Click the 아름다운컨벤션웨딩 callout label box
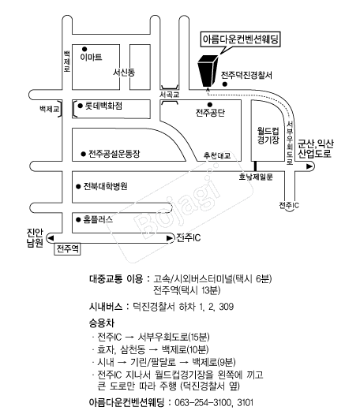pyautogui.click(x=240, y=39)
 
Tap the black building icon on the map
pyautogui.click(x=208, y=70)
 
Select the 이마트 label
pyautogui.click(x=91, y=57)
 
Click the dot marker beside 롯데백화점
pyautogui.click(x=81, y=106)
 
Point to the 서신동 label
pyautogui.click(x=124, y=72)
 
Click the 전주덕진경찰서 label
pyautogui.click(x=246, y=75)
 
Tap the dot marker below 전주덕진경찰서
pyautogui.click(x=225, y=84)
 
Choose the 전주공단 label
pyautogui.click(x=210, y=113)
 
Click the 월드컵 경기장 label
pyautogui.click(x=268, y=136)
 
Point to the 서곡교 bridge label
pyautogui.click(x=170, y=95)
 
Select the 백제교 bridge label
pyautogui.click(x=50, y=109)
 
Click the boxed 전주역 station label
pyautogui.click(x=67, y=249)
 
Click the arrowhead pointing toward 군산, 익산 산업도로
pyautogui.click(x=309, y=166)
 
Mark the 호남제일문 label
pyautogui.click(x=256, y=177)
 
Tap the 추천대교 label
pyautogui.click(x=217, y=155)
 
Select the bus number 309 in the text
pyautogui.click(x=227, y=307)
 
